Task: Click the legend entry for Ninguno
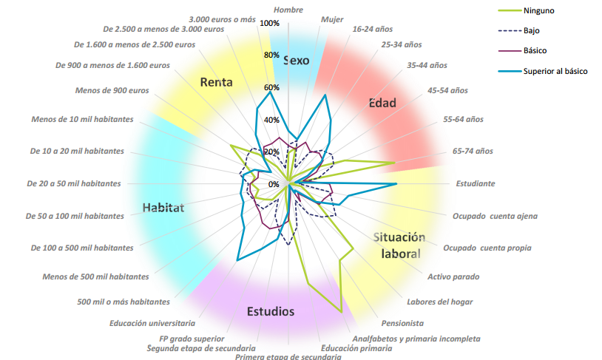coord(526,11)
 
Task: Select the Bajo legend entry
coord(518,31)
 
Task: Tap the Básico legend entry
coord(522,51)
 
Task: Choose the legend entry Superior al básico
coord(543,72)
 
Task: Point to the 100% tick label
coord(269,24)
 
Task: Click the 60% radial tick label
coord(271,87)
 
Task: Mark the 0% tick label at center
coord(274,184)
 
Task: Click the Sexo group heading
coord(296,61)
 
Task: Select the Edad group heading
coord(382,103)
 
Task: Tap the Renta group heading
coord(216,82)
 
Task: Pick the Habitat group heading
coord(163,208)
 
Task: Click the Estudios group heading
coord(271,311)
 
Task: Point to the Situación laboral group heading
coord(399,245)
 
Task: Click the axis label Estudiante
coord(476,183)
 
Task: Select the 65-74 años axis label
coord(473,152)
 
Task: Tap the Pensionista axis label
coord(402,323)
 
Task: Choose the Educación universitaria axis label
coord(152,323)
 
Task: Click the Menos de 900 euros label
coord(112,91)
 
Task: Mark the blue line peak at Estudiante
coord(396,184)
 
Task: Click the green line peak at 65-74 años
coord(395,163)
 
